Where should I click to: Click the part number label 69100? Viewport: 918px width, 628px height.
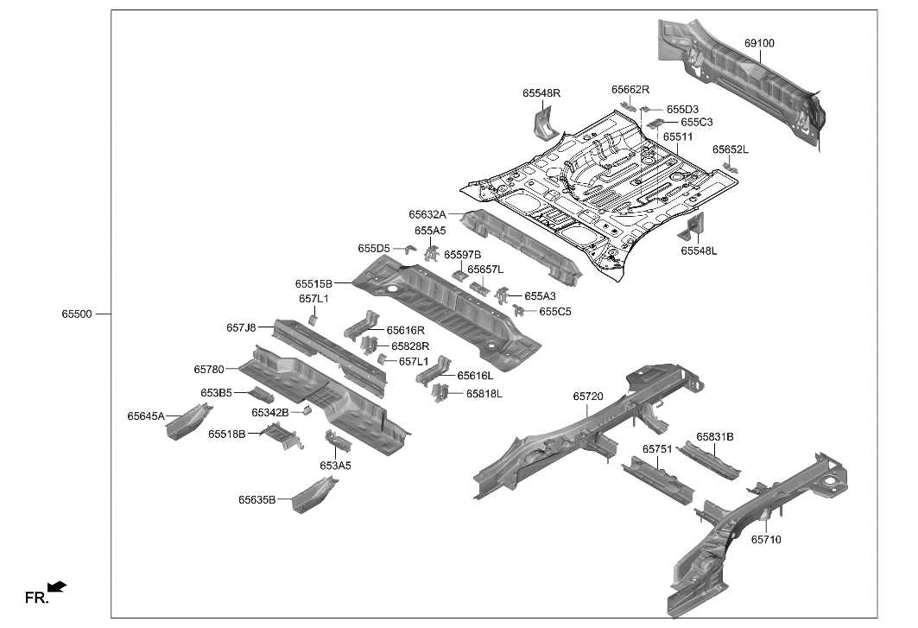[x=759, y=42]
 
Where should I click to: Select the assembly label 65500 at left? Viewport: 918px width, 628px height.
[x=76, y=314]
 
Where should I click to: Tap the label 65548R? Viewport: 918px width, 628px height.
[x=541, y=93]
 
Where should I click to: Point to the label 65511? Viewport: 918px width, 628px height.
[x=678, y=136]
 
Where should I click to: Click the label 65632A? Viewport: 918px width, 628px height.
[x=427, y=214]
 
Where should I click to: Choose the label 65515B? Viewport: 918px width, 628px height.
[x=313, y=283]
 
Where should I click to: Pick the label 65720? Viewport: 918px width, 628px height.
[x=588, y=396]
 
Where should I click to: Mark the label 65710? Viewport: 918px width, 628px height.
[x=765, y=539]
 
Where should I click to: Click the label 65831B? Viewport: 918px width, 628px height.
[x=715, y=437]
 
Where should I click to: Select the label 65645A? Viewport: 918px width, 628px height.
[x=146, y=416]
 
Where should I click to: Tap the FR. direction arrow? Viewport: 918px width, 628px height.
[x=57, y=587]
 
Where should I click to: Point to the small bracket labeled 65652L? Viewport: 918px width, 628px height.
[x=731, y=168]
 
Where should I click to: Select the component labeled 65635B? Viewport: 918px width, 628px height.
[x=313, y=496]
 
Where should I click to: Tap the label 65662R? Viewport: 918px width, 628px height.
[x=630, y=89]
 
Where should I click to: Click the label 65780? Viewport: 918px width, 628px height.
[x=209, y=369]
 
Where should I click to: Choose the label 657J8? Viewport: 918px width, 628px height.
[x=241, y=327]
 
